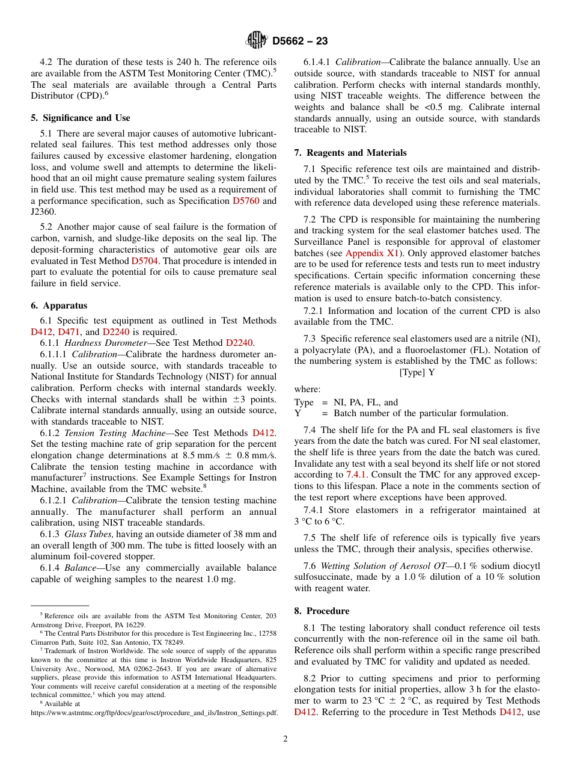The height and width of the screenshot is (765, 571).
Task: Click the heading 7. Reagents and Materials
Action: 350,153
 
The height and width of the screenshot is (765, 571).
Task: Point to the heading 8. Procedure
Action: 322,611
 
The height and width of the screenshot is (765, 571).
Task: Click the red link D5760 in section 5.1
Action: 246,201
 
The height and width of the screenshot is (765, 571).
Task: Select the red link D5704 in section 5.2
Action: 144,261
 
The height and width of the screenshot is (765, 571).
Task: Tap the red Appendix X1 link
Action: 373,253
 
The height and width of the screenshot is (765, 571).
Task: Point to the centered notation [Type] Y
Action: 417,373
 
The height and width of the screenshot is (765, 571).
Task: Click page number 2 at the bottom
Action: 285,739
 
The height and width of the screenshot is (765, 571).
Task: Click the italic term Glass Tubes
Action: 89,534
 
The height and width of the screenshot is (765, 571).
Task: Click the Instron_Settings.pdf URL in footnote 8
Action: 154,713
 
